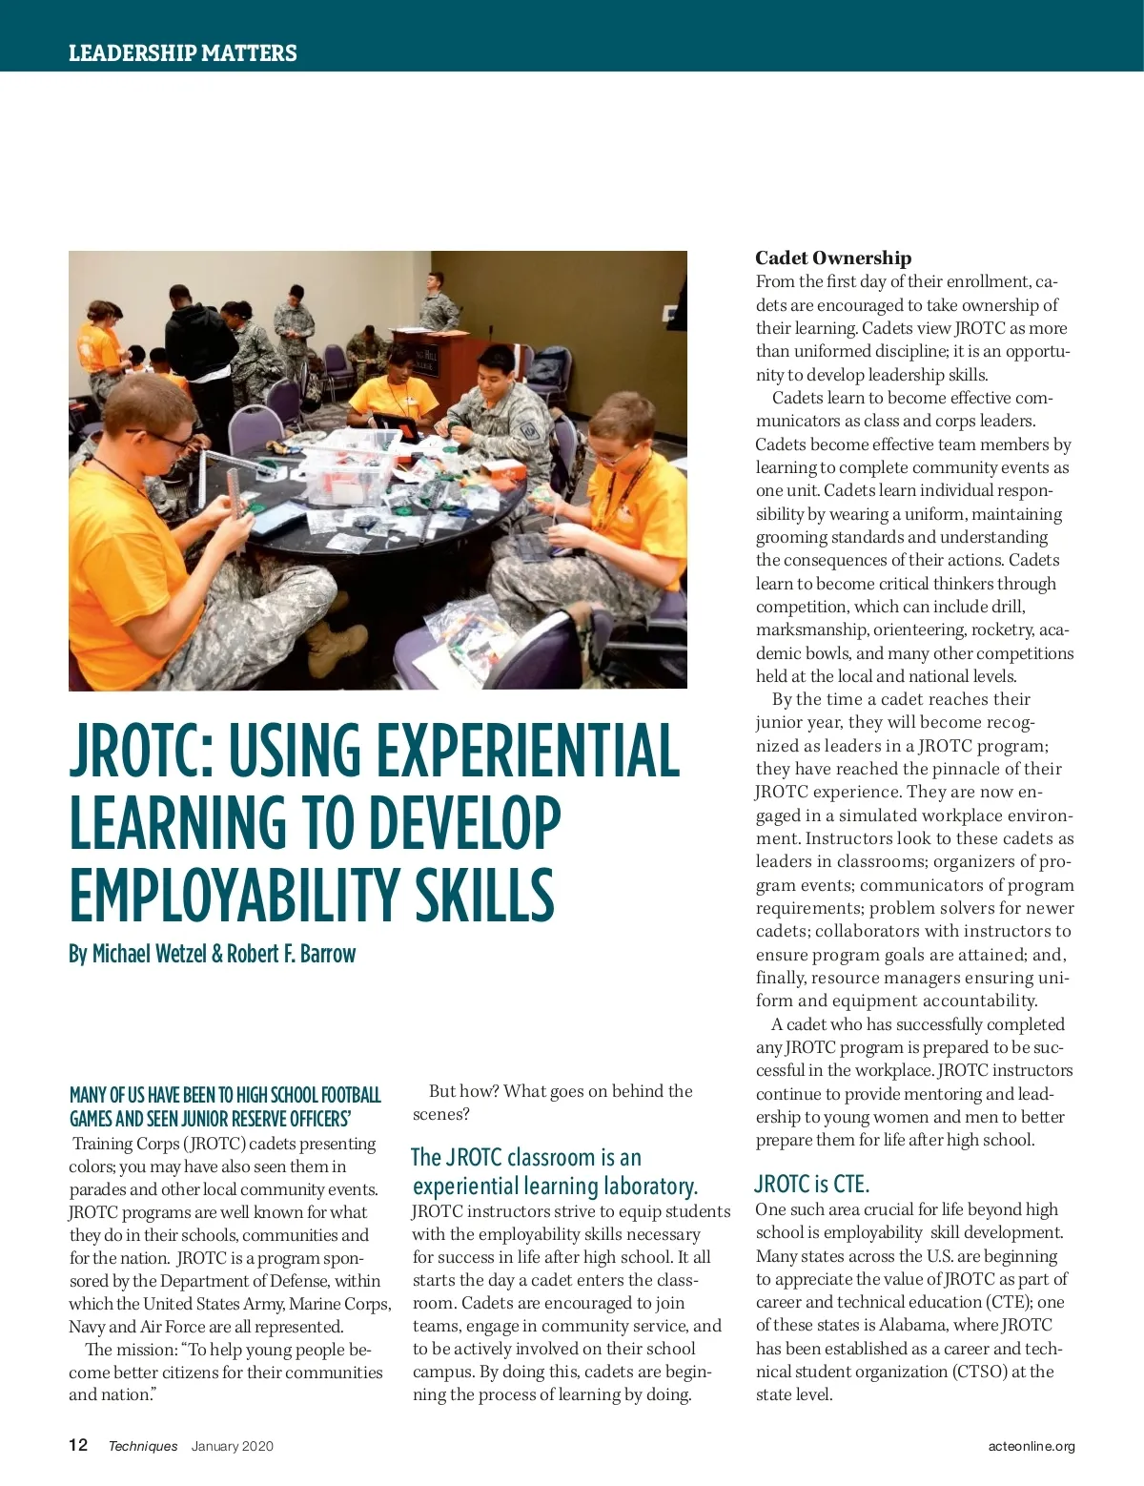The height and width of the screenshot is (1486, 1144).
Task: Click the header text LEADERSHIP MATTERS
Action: (182, 53)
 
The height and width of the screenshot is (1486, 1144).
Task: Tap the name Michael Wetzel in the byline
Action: (149, 954)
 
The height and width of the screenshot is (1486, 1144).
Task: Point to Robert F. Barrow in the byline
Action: (291, 954)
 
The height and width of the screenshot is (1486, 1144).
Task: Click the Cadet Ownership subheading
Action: (833, 258)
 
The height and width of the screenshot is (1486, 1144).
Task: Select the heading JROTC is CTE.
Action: (811, 1184)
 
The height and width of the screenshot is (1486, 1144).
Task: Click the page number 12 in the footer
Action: (78, 1445)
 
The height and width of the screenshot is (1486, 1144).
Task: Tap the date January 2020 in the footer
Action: (232, 1446)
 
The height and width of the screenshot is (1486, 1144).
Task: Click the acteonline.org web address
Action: (1032, 1446)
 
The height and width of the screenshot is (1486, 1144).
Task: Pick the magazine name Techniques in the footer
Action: (143, 1446)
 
